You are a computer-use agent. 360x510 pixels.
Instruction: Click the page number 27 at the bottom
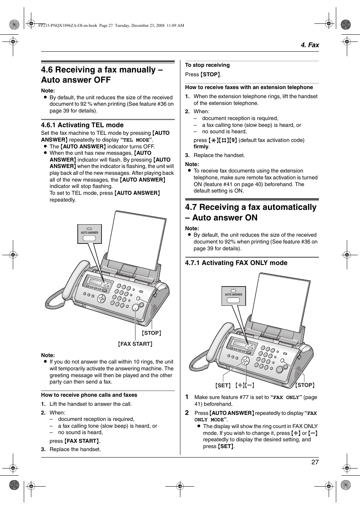[315, 462]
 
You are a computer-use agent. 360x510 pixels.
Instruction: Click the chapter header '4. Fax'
[309, 45]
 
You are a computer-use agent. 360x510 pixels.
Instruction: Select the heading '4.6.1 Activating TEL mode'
[82, 125]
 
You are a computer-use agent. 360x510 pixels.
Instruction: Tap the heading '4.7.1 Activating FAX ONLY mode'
[236, 263]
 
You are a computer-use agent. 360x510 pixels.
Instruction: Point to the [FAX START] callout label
[135, 344]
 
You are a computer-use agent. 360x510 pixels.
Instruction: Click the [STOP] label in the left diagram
[151, 333]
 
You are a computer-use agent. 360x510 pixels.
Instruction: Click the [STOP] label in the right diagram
[305, 385]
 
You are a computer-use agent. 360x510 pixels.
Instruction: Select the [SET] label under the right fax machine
[223, 385]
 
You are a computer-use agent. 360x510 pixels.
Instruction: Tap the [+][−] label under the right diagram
[245, 385]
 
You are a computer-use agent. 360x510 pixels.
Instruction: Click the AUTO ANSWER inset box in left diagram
[89, 234]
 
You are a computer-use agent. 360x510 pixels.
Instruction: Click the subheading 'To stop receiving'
[207, 65]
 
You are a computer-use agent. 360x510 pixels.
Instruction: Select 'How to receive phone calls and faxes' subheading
[89, 395]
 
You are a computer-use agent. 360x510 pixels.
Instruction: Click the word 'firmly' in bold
[201, 146]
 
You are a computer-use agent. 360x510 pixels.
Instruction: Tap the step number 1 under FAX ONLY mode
[187, 397]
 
